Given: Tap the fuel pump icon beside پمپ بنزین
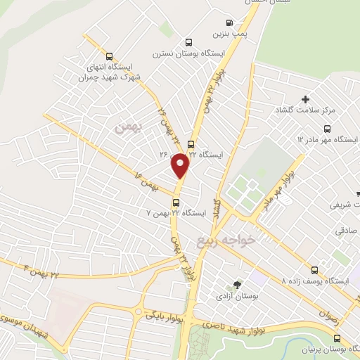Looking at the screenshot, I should click(x=230, y=22).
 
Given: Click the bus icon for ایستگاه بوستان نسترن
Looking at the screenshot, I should click(x=187, y=42).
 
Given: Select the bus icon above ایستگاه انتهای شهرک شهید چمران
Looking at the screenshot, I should click(x=109, y=56).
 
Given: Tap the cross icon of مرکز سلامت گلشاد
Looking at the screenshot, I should click(x=305, y=99).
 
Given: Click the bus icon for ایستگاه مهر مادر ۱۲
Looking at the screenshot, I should click(x=327, y=129).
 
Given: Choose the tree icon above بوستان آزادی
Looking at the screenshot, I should click(x=236, y=285).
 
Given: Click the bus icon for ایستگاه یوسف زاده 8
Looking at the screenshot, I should click(x=314, y=269).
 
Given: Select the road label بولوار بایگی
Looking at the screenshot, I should click(x=164, y=316).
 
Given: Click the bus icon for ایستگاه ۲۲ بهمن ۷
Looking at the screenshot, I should click(x=176, y=202).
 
